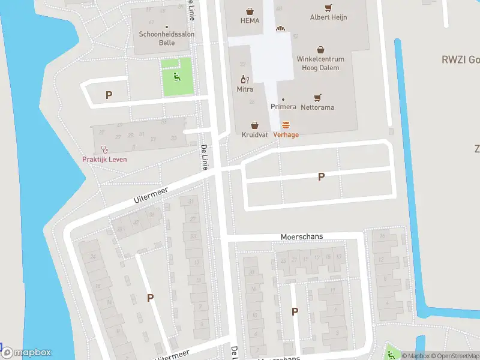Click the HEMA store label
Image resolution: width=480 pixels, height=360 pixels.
pos(250,21)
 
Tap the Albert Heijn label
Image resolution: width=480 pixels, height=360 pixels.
pos(328,18)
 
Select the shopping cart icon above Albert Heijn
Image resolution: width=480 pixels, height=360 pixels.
pos(328,8)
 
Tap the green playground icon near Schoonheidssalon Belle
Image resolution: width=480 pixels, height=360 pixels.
pos(177,76)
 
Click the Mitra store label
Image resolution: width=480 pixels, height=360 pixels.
pos(245,89)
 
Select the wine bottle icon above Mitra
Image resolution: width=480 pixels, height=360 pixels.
pos(245,79)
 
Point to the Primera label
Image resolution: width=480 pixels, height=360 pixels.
pos(283,107)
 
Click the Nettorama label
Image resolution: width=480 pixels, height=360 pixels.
pos(317,107)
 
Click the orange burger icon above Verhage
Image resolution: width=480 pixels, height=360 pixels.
pos(286,125)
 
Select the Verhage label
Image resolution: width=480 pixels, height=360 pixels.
pos(286,135)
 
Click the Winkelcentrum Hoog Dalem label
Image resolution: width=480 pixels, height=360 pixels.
pos(320,64)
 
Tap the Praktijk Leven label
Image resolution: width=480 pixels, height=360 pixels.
pos(104,159)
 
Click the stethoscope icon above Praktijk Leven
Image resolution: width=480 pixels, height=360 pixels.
pos(104,149)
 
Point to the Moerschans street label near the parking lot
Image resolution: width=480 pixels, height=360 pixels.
pos(302,237)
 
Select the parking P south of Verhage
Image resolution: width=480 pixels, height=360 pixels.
pos(321,176)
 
